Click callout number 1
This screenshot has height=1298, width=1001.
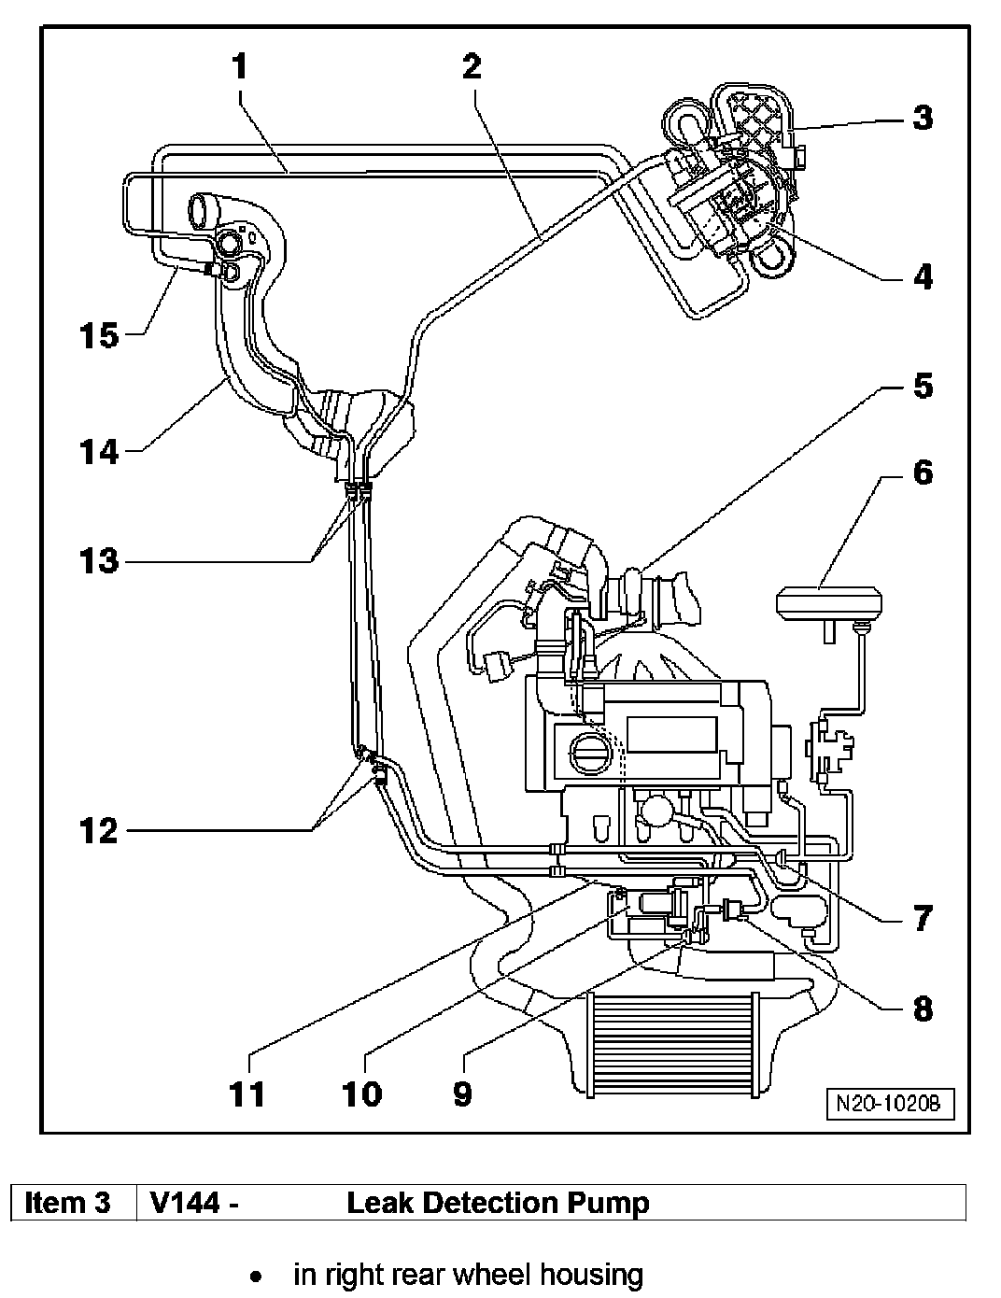pos(241,68)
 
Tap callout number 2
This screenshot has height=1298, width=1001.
pos(472,68)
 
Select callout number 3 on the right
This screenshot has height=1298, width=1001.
pos(923,118)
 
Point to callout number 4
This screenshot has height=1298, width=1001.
pos(923,276)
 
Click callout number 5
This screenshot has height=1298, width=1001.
pos(923,385)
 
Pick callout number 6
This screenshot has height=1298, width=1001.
pos(923,473)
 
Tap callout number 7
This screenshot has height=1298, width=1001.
pos(923,918)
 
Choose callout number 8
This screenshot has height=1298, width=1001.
pos(923,1009)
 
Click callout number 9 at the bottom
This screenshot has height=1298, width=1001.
pos(463,1093)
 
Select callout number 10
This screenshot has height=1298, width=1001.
pos(362,1093)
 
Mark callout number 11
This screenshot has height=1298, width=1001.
pos(247,1093)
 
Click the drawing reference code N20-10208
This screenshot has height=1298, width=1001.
pos(889,1103)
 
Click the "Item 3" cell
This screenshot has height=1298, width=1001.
pos(67,1203)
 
